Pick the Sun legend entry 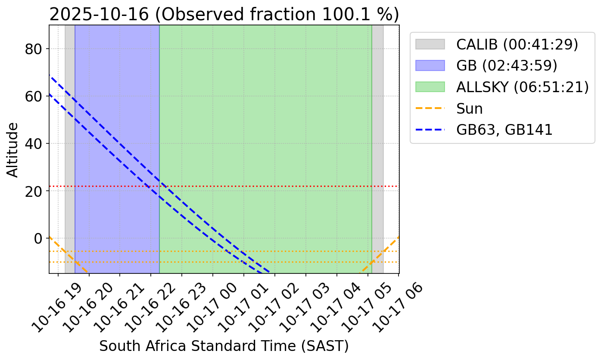470,109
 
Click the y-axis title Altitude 13,149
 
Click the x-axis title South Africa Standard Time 224,346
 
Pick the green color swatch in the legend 430,87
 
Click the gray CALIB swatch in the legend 430,44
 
